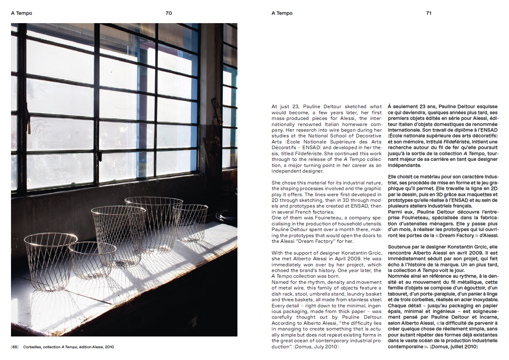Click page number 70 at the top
(169, 13)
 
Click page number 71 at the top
(429, 13)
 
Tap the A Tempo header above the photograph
(22, 13)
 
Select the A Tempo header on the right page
(282, 13)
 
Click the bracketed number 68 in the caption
(15, 347)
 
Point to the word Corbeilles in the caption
(32, 347)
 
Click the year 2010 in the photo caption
(109, 347)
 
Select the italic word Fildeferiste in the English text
(308, 154)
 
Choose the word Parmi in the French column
(395, 212)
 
